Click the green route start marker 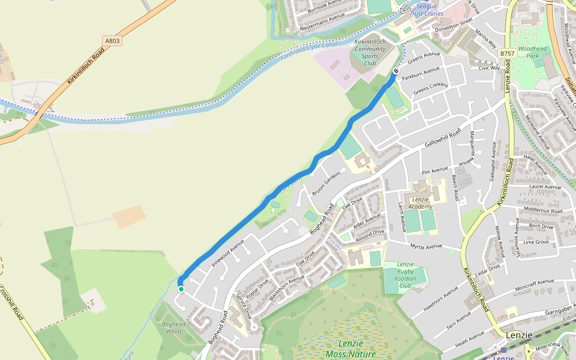pos(181,289)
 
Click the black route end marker pos(396,71)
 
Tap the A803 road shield pos(111,41)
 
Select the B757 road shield pos(507,53)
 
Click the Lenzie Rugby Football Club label pos(406,275)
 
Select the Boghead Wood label pos(173,328)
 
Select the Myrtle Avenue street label pos(425,246)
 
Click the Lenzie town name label pos(519,335)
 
